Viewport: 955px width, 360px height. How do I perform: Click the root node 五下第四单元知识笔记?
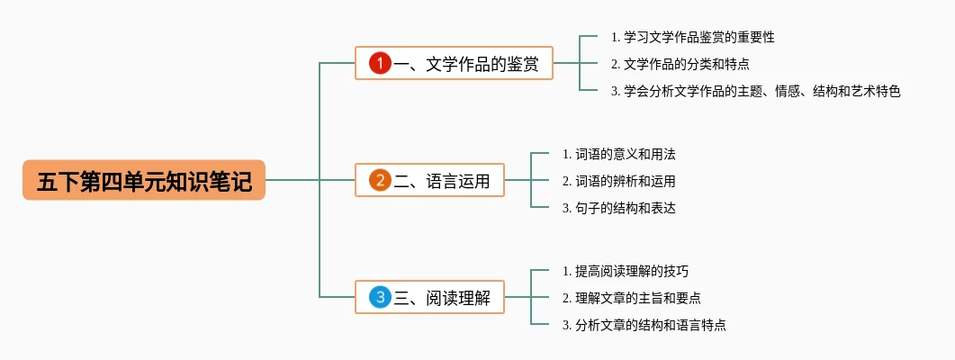(144, 180)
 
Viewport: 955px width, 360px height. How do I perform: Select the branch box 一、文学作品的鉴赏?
(454, 63)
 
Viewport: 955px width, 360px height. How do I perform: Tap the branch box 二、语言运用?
(429, 180)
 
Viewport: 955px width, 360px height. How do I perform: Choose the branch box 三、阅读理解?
(429, 297)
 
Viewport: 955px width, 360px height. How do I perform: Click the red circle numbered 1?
(380, 63)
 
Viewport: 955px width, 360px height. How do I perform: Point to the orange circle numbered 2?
(380, 180)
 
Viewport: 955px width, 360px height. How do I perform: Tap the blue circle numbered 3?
(380, 297)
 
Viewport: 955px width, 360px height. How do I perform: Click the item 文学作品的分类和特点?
(680, 63)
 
